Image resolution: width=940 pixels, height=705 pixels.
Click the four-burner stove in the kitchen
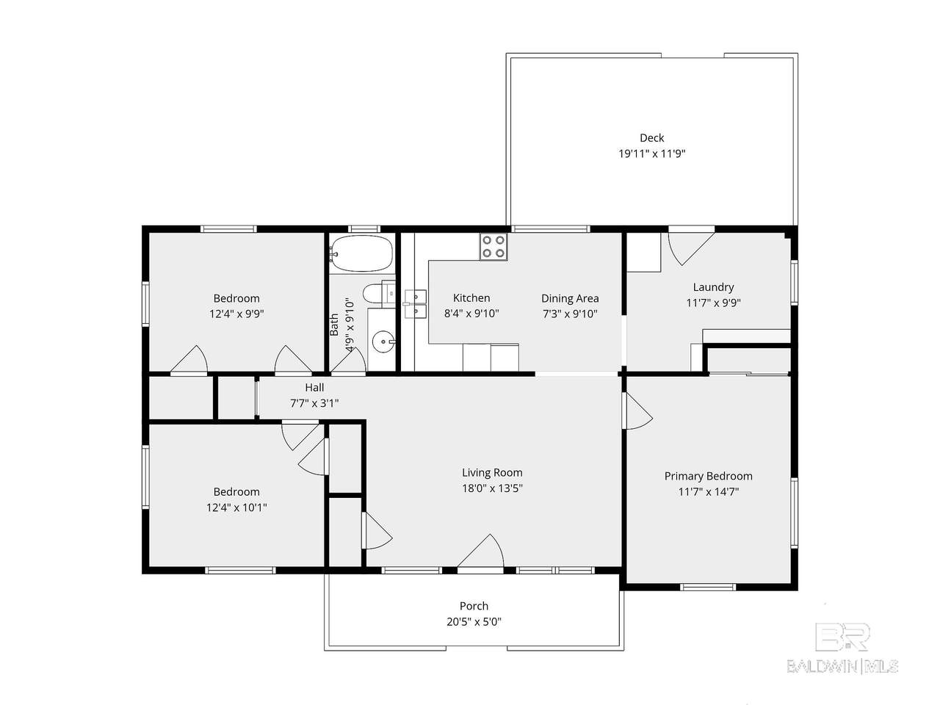[x=493, y=247]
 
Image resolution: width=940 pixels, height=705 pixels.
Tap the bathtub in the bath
[x=361, y=253]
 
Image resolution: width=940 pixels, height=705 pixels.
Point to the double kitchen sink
[x=416, y=304]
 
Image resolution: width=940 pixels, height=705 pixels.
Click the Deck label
[x=651, y=138]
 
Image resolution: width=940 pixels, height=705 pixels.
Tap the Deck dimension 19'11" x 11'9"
[x=651, y=153]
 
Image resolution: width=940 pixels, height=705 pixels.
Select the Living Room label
[x=492, y=472]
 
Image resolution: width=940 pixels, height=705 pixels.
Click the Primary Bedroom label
[x=709, y=476]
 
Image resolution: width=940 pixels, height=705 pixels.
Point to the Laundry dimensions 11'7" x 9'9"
[x=713, y=303]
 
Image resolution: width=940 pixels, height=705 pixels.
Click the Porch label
[x=474, y=606]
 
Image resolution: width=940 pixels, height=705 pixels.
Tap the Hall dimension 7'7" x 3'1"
[x=314, y=402]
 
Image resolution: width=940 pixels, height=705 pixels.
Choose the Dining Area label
[x=570, y=298]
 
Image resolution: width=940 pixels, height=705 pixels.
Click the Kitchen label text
[x=471, y=298]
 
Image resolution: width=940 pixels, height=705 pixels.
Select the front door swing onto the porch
[x=481, y=551]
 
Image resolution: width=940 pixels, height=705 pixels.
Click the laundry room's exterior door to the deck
[x=691, y=249]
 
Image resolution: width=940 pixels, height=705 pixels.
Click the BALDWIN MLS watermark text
[x=842, y=666]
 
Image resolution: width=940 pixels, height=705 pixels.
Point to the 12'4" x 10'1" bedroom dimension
[x=236, y=507]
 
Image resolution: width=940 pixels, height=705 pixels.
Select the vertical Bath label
[x=334, y=325]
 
